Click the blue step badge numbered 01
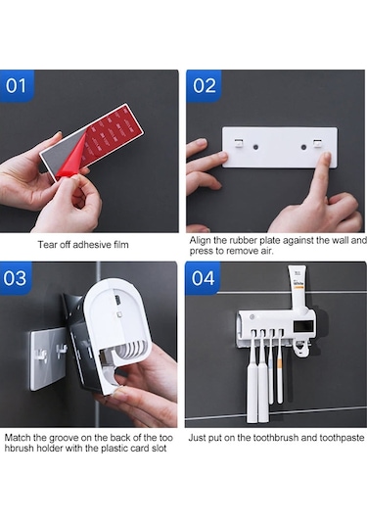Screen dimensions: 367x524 point(17,85)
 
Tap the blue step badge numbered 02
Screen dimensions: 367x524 point(204,85)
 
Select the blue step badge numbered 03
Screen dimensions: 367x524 point(16,278)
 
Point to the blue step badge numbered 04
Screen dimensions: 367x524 point(203,278)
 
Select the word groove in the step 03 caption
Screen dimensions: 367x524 point(64,438)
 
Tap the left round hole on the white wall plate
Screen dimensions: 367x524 point(255,147)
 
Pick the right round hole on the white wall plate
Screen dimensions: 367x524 point(303,147)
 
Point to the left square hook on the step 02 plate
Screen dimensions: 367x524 point(239,143)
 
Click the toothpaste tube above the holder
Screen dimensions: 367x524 point(298,289)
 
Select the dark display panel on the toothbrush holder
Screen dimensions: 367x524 point(303,326)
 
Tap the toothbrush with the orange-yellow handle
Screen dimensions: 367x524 point(280,367)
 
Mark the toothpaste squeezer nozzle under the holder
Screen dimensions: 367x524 point(301,350)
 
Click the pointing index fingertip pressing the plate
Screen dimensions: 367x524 point(326,157)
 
